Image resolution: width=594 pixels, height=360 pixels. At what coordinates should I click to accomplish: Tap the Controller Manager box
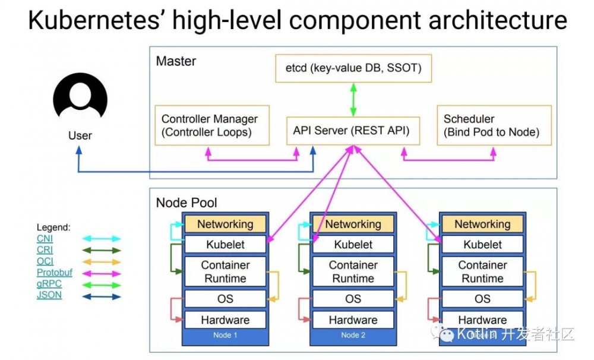211,125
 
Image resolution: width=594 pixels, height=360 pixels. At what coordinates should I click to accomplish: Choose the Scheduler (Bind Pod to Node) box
494,125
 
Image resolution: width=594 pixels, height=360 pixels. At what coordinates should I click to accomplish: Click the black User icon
80,100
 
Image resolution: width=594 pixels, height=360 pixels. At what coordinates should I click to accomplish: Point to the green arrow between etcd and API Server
353,99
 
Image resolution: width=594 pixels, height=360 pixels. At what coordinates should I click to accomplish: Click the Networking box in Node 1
225,224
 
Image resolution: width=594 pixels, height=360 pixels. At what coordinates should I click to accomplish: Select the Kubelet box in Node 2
353,244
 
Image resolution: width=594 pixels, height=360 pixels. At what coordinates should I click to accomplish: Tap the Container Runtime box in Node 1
225,271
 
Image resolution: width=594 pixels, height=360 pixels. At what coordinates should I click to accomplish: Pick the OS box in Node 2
353,299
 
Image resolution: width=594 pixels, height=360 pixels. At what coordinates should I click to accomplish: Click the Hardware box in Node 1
225,320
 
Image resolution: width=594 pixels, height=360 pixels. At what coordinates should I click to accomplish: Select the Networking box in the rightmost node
482,224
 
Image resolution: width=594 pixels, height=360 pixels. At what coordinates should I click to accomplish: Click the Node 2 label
353,335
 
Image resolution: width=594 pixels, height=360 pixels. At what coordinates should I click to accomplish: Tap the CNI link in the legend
45,239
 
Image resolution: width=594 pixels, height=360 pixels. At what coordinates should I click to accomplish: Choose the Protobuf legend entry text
54,273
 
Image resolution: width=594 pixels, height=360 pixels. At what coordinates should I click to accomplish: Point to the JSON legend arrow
101,295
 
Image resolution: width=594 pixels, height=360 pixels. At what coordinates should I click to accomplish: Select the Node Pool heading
187,203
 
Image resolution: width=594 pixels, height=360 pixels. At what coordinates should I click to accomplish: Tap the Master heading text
176,61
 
